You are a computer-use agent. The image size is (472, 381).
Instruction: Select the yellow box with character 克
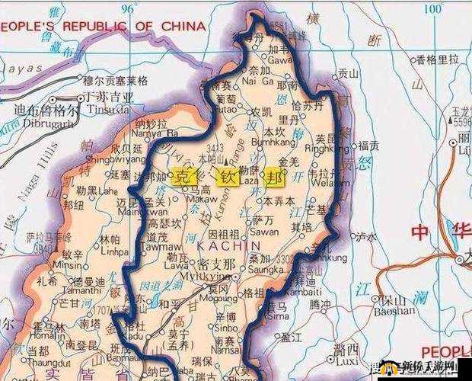[x=182, y=176]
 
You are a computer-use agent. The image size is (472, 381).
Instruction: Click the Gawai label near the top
[x=279, y=59]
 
